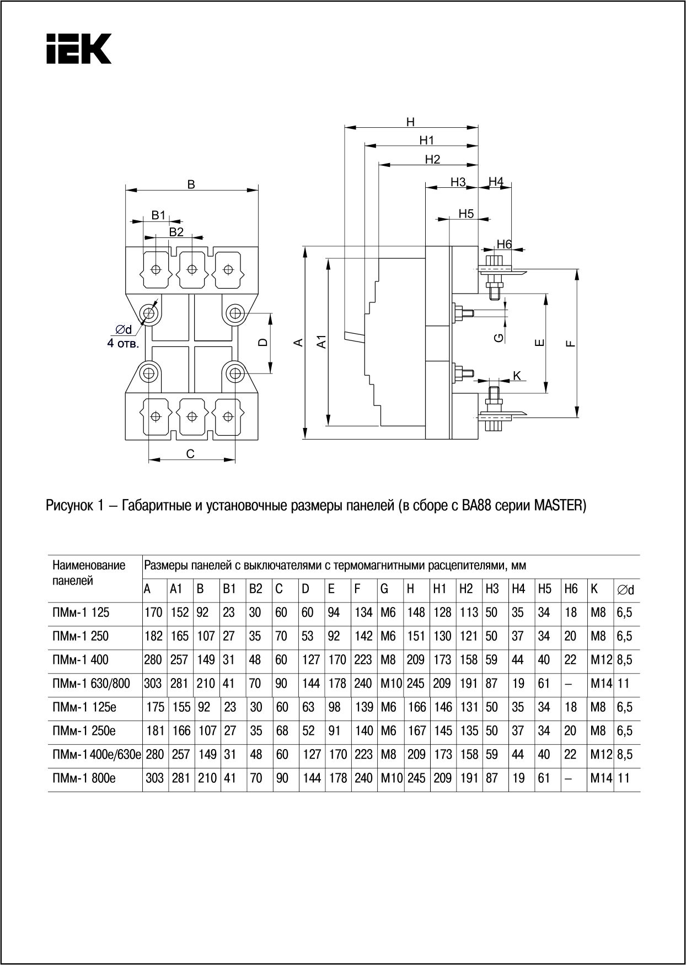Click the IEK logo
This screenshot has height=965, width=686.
[78, 48]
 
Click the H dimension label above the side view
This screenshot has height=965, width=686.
[410, 122]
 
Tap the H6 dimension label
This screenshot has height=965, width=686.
[504, 244]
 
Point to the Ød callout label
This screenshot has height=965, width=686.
[124, 330]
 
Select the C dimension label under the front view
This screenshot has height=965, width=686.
[190, 454]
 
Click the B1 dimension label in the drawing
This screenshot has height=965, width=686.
[159, 215]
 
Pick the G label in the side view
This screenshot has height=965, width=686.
[499, 337]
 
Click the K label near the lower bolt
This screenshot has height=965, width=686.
[517, 376]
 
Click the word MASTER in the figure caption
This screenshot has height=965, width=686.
[558, 506]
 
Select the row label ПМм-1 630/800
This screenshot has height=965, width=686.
[92, 684]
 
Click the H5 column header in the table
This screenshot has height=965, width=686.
[544, 589]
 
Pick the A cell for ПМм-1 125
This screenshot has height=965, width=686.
[153, 612]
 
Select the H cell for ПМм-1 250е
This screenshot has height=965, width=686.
[417, 731]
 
